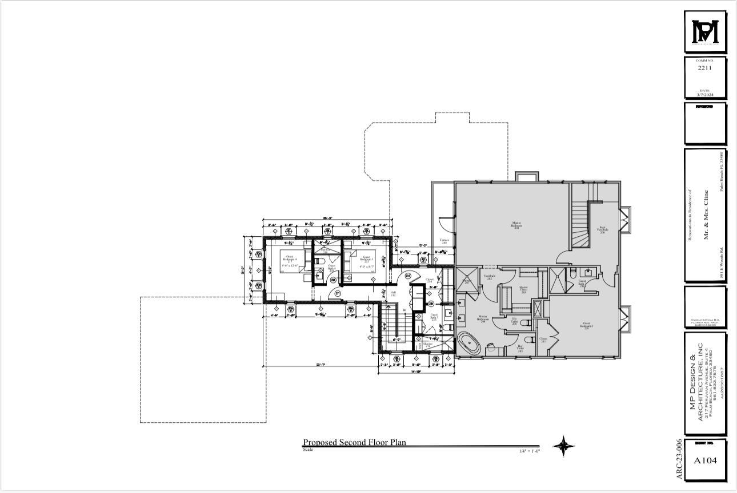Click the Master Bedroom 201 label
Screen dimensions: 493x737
[x=516, y=225]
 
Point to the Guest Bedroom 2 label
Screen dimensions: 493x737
[x=586, y=325]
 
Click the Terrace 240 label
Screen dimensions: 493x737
[x=444, y=241]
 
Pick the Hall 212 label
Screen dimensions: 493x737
[x=393, y=294]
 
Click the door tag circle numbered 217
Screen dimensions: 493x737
[x=338, y=293]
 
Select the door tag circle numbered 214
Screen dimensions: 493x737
[x=408, y=276]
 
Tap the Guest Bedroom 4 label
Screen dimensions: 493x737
[x=291, y=259]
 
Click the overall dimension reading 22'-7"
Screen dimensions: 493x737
[x=320, y=365]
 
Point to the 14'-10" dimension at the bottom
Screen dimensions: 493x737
[x=416, y=371]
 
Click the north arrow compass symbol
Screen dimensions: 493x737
[x=563, y=446]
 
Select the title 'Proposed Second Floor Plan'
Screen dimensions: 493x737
[x=354, y=442]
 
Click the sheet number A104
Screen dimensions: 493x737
[x=704, y=460]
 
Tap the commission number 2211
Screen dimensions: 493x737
[x=705, y=68]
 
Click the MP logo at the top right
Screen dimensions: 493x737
[x=705, y=32]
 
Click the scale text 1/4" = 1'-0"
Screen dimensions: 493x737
[x=529, y=451]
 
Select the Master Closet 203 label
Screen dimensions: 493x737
[x=523, y=289]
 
